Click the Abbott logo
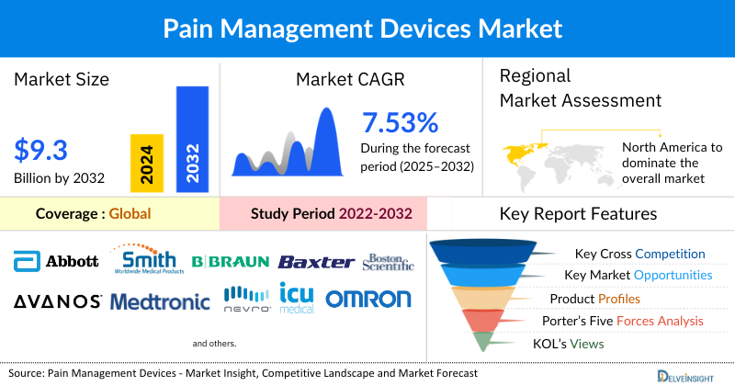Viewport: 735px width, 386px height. click(56, 261)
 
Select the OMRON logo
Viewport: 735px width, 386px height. click(368, 300)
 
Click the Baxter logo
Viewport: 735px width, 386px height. click(316, 262)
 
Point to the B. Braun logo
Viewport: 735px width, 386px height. click(230, 262)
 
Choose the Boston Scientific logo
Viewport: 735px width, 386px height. click(390, 261)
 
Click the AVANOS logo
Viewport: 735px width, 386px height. click(57, 301)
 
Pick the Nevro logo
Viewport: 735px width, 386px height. click(247, 299)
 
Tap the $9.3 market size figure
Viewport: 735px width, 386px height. click(41, 149)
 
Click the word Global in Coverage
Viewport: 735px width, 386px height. click(130, 214)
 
